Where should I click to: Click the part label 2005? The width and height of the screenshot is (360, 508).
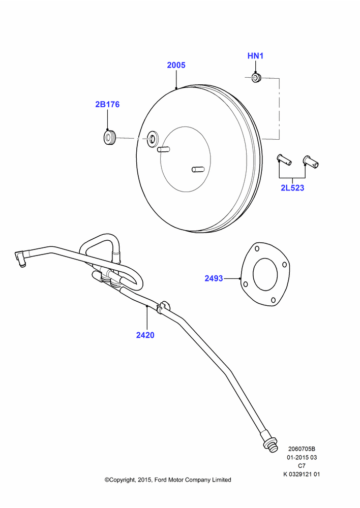pyautogui.click(x=176, y=65)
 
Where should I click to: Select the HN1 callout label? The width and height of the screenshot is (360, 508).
pyautogui.click(x=255, y=56)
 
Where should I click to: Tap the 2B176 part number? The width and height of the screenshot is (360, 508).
pyautogui.click(x=107, y=104)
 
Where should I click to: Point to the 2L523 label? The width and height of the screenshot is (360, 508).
pyautogui.click(x=292, y=188)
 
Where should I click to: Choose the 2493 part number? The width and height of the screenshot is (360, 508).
pyautogui.click(x=214, y=278)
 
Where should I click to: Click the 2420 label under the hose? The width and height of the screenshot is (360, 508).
pyautogui.click(x=145, y=335)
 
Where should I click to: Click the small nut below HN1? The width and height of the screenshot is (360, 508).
pyautogui.click(x=257, y=78)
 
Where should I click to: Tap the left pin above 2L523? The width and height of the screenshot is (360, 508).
pyautogui.click(x=284, y=160)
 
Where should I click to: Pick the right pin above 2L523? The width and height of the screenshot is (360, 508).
pyautogui.click(x=310, y=162)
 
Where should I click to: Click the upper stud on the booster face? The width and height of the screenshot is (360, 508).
pyautogui.click(x=163, y=149)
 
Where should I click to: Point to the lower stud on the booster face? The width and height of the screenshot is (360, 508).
pyautogui.click(x=198, y=170)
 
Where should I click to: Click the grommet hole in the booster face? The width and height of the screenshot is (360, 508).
pyautogui.click(x=152, y=138)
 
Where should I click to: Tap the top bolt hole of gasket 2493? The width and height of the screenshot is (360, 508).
pyautogui.click(x=257, y=249)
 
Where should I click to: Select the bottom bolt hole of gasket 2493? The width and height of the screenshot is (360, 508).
pyautogui.click(x=274, y=300)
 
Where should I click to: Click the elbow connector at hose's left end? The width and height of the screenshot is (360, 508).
pyautogui.click(x=20, y=258)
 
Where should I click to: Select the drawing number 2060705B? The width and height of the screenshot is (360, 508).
pyautogui.click(x=302, y=449)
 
